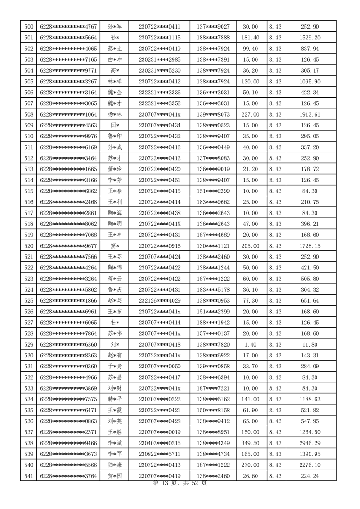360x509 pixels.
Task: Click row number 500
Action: pos(29,27)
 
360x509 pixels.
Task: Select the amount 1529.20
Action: pos(310,38)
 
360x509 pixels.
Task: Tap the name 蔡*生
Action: pos(114,49)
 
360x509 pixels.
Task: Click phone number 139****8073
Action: pos(213,114)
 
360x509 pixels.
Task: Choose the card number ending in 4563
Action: pos(68,125)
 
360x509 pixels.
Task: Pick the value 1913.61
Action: pos(310,114)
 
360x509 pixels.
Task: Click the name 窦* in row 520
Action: pos(114,246)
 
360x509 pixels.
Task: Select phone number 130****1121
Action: pos(213,246)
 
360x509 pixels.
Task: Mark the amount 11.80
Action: pos(310,345)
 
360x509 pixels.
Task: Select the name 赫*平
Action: pos(114,399)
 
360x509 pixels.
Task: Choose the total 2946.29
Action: pos(310,443)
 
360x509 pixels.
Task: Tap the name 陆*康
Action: pos(114,465)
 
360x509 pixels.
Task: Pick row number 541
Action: pos(29,476)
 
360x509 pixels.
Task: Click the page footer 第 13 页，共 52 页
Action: pos(180,484)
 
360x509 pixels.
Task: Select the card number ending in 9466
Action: pos(68,443)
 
